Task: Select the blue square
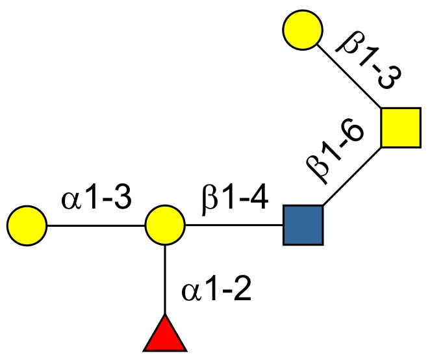click(303, 225)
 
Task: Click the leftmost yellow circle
click(27, 225)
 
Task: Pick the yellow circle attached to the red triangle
click(164, 225)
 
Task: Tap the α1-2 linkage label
click(216, 291)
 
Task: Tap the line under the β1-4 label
click(234, 226)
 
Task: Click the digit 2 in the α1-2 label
click(242, 291)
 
